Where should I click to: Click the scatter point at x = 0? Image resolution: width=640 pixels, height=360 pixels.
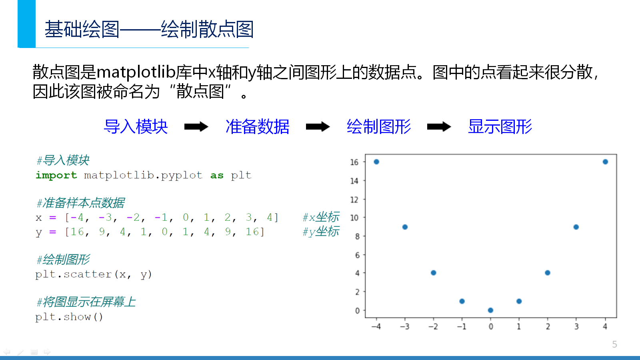click(x=490, y=310)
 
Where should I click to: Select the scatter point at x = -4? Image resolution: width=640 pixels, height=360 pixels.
click(x=376, y=162)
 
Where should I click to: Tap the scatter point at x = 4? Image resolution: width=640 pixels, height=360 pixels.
click(x=605, y=162)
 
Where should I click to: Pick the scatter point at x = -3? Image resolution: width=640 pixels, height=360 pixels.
click(x=405, y=227)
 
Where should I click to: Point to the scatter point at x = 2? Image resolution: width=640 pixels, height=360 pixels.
click(x=548, y=273)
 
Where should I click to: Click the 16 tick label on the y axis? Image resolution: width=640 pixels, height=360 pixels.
click(x=354, y=162)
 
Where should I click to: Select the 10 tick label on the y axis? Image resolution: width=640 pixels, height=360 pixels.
click(x=354, y=218)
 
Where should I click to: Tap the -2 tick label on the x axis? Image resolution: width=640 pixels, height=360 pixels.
click(x=433, y=326)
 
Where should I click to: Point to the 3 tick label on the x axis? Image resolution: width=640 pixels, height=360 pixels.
click(x=576, y=326)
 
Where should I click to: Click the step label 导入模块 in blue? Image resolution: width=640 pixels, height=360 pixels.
click(x=136, y=126)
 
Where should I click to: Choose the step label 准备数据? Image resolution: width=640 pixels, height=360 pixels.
click(x=258, y=126)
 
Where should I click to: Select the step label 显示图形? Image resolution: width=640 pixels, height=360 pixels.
click(x=500, y=126)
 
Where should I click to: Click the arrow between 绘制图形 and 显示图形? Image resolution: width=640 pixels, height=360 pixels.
click(x=439, y=126)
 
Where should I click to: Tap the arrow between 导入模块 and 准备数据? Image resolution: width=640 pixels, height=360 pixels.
click(x=196, y=126)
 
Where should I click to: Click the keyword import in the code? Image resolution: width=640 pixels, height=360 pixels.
click(x=56, y=175)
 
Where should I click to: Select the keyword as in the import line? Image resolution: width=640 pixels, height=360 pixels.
click(x=217, y=175)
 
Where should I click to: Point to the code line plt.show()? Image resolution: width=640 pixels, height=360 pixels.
click(x=69, y=317)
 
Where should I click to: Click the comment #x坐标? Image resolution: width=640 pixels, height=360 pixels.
click(x=321, y=217)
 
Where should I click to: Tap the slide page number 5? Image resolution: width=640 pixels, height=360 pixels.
click(x=614, y=344)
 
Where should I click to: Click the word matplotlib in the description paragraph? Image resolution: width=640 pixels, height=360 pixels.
click(x=136, y=72)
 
